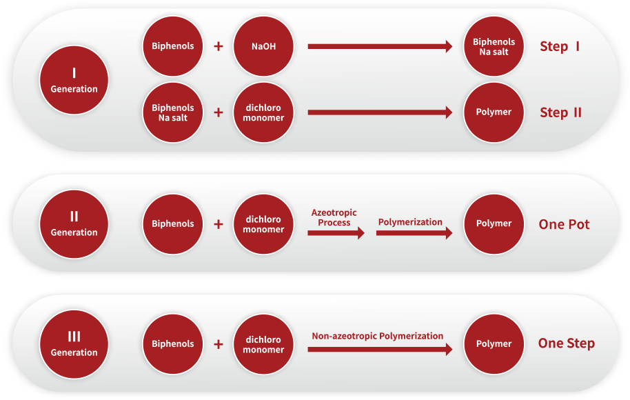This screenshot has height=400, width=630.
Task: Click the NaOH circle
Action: click(263, 47)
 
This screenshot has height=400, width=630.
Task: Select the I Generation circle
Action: click(74, 80)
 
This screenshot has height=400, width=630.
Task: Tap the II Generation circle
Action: click(74, 223)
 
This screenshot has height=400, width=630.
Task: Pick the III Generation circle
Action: click(74, 343)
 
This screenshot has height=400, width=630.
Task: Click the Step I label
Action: click(559, 47)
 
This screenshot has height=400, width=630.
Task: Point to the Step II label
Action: click(560, 112)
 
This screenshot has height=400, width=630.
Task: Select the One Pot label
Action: click(564, 224)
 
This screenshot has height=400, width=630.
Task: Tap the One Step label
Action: click(566, 343)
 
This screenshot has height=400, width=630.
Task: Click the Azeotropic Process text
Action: click(334, 217)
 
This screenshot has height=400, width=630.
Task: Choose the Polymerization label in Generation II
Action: click(410, 222)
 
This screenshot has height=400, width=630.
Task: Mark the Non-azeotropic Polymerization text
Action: click(378, 336)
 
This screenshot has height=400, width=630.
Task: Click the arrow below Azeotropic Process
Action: click(336, 233)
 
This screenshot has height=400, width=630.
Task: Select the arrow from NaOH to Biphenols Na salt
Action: click(380, 47)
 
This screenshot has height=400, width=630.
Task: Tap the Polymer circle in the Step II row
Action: click(494, 112)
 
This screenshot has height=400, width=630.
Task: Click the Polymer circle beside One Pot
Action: click(494, 223)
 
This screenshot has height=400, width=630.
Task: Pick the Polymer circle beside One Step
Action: click(494, 343)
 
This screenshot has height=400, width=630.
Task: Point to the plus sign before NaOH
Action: click(219, 47)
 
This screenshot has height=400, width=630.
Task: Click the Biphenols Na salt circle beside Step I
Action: click(494, 47)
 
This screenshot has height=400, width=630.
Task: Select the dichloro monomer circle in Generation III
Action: click(263, 343)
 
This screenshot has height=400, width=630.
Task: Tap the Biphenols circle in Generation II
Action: click(172, 223)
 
